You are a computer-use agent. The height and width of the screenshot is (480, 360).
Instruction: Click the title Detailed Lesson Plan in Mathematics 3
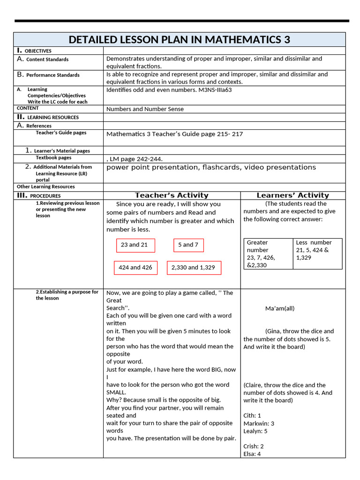180,39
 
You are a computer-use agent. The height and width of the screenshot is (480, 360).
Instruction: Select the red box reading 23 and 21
135,245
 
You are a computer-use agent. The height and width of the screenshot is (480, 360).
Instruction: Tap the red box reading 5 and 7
188,245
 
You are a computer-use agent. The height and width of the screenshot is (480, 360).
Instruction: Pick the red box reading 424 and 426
135,268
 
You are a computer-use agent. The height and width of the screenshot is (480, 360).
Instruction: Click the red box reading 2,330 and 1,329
193,268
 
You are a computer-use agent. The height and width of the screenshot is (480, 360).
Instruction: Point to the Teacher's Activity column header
172,195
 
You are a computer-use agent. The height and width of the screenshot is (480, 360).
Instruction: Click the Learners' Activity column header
292,195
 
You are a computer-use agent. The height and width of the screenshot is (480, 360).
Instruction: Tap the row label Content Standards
47,60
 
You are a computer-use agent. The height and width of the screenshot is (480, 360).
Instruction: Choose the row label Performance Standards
52,75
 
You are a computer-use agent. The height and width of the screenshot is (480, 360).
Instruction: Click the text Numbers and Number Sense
145,109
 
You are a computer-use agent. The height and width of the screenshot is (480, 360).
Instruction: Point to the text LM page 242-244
135,159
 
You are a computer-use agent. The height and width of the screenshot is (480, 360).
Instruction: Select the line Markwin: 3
259,423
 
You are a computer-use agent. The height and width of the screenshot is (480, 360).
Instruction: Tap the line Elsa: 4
252,454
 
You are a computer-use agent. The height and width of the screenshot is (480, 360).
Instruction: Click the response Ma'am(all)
280,308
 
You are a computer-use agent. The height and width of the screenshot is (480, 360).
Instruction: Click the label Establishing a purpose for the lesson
67,295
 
